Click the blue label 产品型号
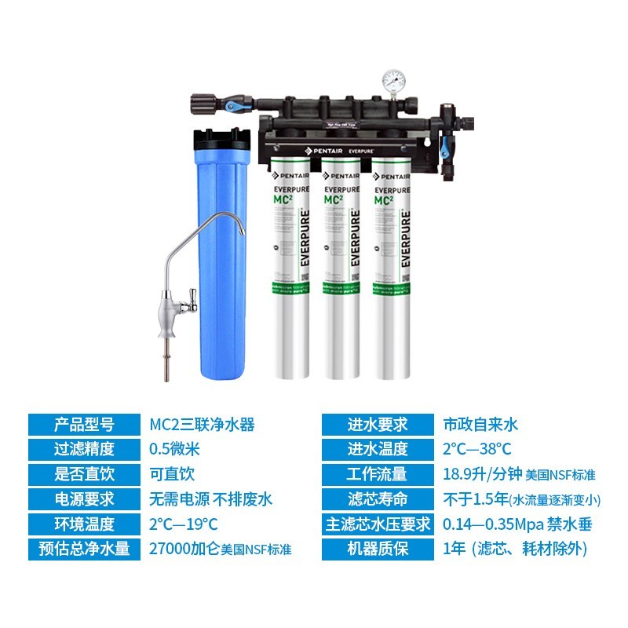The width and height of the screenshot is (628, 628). tap(84, 425)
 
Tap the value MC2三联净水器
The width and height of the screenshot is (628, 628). tap(202, 425)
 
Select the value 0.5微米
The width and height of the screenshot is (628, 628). tap(175, 450)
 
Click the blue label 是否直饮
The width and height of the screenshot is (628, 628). tap(84, 474)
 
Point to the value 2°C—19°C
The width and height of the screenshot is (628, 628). tap(183, 524)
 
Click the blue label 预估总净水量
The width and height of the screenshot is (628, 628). tap(84, 548)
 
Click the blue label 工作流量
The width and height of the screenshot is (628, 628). tap(378, 474)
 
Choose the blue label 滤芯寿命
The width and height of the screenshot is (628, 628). tap(378, 498)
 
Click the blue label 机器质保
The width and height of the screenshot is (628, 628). tap(378, 548)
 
